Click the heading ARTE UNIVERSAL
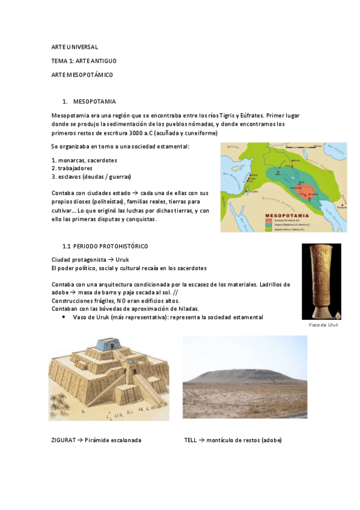click(x=75, y=46)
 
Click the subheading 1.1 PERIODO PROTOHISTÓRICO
click(x=105, y=247)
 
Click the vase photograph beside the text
click(x=321, y=281)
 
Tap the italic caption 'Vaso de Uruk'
click(x=323, y=325)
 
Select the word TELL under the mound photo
click(x=191, y=440)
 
